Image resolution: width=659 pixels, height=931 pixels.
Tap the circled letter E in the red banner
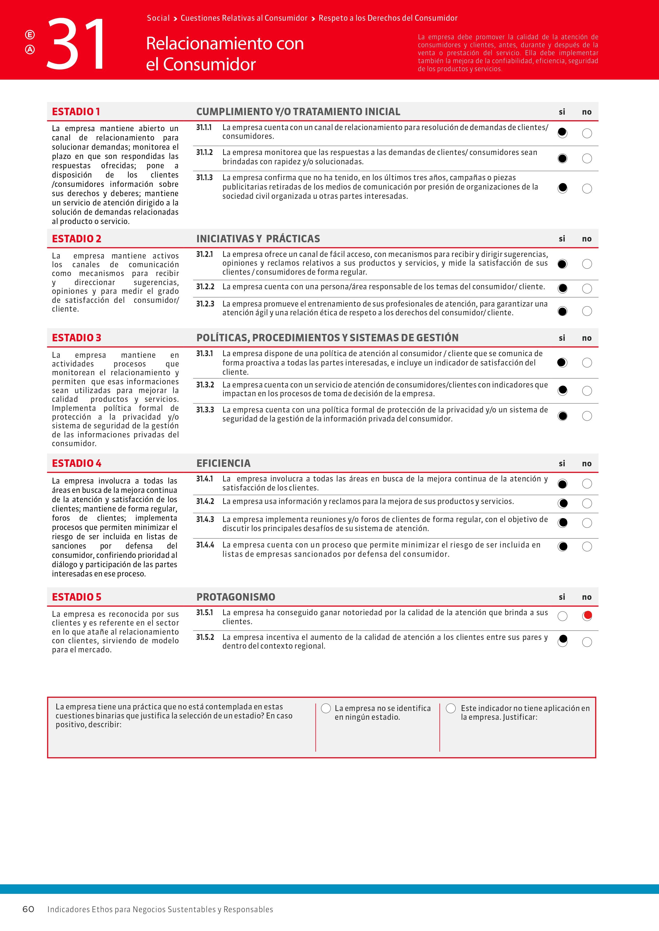click(30, 35)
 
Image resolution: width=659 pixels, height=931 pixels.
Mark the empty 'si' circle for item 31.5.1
click(562, 616)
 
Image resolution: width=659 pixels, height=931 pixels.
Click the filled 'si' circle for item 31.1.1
click(562, 133)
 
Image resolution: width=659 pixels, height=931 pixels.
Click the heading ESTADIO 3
click(76, 338)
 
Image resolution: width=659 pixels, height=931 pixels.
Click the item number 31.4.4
click(205, 545)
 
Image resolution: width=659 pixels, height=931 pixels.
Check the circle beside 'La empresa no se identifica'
click(326, 708)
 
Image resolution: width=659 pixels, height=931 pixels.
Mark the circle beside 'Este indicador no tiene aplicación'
click(451, 708)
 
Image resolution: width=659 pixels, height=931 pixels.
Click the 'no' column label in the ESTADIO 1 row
click(587, 112)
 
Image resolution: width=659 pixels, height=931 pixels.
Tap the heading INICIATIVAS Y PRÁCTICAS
click(258, 239)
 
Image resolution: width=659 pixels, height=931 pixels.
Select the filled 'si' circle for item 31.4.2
click(562, 503)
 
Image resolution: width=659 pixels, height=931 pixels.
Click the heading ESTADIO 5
click(76, 597)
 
